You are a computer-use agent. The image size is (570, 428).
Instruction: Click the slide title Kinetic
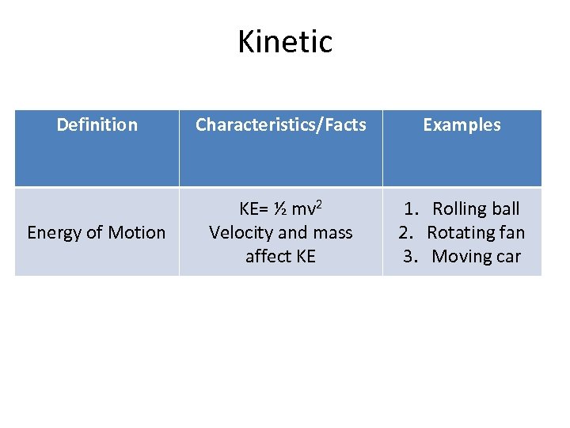[285, 41]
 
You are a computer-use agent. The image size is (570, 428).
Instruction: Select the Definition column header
[97, 124]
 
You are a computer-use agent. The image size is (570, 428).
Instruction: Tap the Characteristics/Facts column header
[280, 124]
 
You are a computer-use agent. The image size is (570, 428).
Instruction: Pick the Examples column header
[462, 124]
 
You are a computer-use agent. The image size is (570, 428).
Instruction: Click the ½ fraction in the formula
[280, 209]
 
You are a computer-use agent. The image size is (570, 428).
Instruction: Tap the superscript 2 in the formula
[318, 204]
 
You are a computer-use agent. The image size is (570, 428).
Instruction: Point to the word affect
[269, 256]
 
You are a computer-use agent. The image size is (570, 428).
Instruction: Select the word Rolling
[459, 209]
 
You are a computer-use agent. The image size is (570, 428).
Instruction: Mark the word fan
[511, 232]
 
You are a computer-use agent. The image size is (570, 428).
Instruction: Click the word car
[508, 256]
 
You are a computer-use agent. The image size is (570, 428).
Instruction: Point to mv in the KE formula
[302, 210]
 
